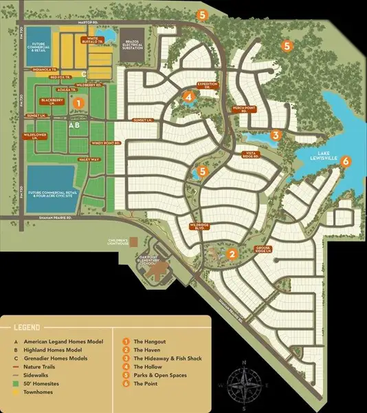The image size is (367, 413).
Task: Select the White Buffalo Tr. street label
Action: click(95, 40)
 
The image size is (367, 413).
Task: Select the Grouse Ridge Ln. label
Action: click(265, 248)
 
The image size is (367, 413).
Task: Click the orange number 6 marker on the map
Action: click(346, 161)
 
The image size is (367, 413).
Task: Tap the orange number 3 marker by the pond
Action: click(276, 135)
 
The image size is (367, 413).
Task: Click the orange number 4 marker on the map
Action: click(188, 97)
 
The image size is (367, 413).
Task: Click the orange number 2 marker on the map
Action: click(233, 254)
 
